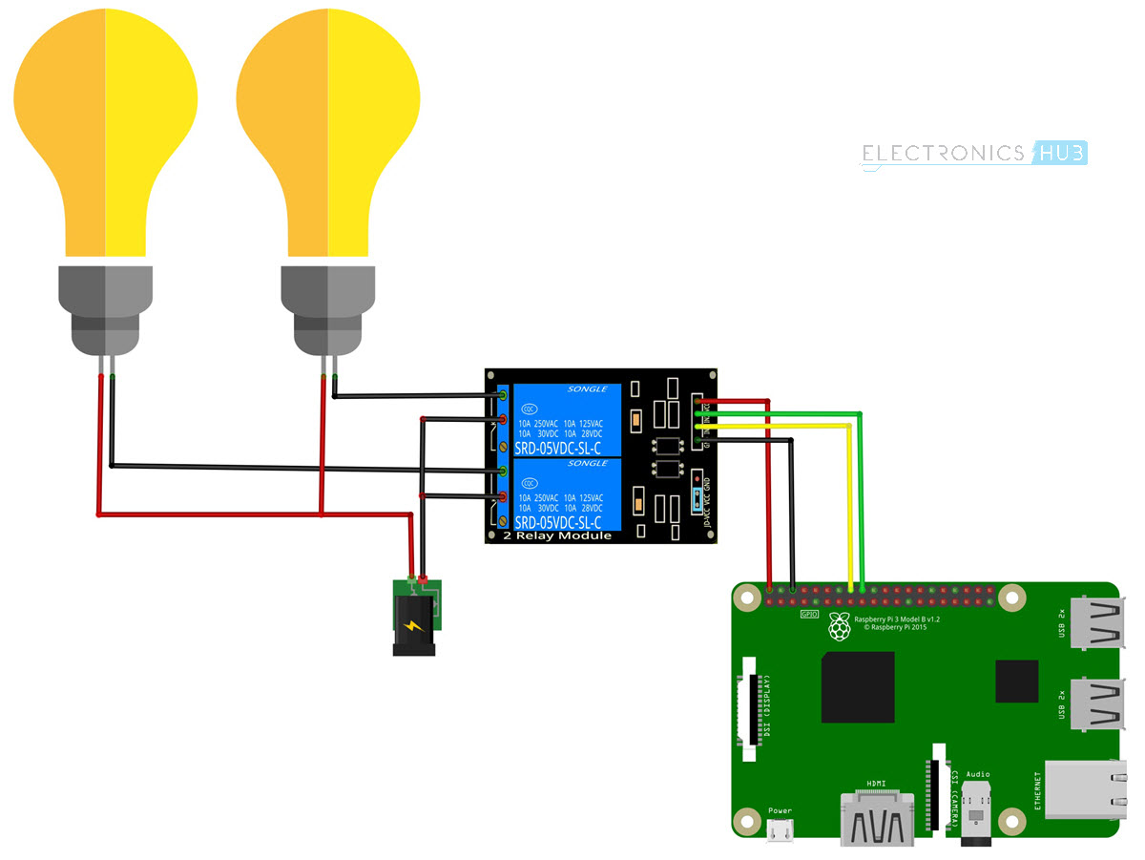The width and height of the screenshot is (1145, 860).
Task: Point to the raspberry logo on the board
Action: click(840, 626)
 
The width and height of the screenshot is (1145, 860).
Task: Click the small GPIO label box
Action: click(807, 614)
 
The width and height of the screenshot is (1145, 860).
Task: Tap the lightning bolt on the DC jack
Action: click(412, 627)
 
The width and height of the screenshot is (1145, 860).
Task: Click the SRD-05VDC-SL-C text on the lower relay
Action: click(558, 523)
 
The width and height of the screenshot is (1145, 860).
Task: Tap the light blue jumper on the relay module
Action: click(697, 498)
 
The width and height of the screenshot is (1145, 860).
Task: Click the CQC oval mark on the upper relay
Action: click(528, 408)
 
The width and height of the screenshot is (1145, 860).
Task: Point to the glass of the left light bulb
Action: click(105, 124)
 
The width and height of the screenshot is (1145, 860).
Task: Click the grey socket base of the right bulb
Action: click(327, 310)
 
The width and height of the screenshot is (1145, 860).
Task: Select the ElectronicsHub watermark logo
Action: click(974, 154)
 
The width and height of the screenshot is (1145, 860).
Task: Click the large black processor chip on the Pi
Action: click(858, 687)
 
